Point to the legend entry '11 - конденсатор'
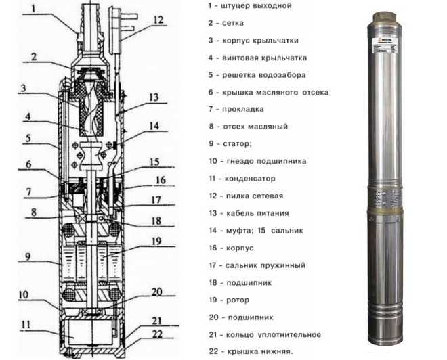(x=242, y=179)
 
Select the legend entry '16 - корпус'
(x=233, y=248)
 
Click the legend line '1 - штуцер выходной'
(x=250, y=6)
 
